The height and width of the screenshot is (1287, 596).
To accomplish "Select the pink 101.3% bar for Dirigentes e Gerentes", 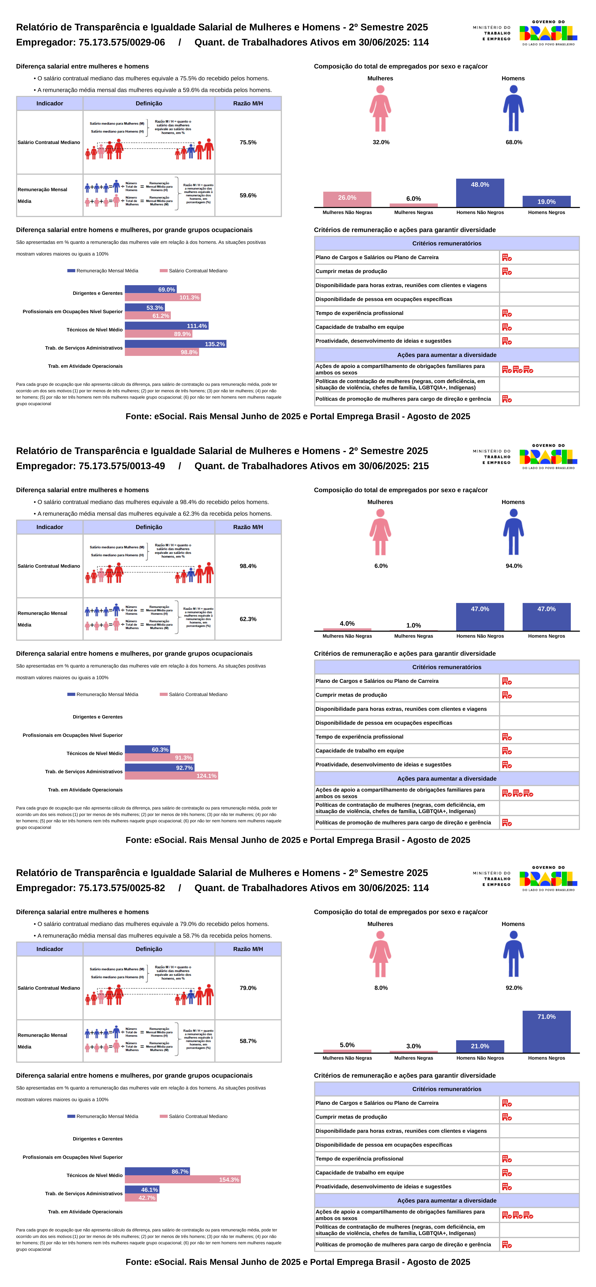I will [163, 297].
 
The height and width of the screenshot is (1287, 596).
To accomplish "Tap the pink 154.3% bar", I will [183, 1179].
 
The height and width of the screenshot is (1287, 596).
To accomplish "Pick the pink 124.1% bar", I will [171, 775].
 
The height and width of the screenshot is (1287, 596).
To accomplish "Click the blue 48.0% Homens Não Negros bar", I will [480, 193].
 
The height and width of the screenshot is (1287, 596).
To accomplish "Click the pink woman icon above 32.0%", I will [380, 108].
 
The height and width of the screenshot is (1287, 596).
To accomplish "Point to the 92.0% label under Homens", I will [514, 988].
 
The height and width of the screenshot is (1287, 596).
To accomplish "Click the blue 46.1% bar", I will [142, 1190].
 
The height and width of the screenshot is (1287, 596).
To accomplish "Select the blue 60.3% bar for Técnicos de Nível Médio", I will [147, 749].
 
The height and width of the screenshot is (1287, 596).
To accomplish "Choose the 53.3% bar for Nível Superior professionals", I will [145, 308].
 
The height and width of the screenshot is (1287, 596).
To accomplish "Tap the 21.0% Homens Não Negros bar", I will [480, 1046].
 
